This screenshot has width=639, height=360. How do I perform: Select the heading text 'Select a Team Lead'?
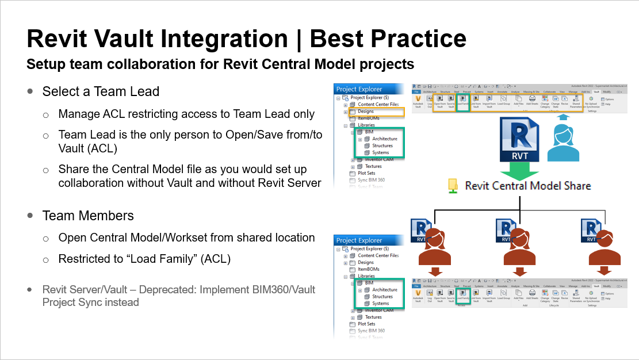(x=101, y=91)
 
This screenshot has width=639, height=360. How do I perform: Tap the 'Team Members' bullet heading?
(x=88, y=216)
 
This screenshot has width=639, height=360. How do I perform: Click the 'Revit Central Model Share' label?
(x=527, y=186)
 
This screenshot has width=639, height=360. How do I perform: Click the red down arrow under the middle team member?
(x=520, y=271)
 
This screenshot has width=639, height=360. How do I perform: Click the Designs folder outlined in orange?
(x=366, y=111)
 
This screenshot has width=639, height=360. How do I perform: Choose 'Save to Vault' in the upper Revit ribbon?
(x=451, y=101)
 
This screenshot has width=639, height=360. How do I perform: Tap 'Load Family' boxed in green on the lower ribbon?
(x=463, y=296)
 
